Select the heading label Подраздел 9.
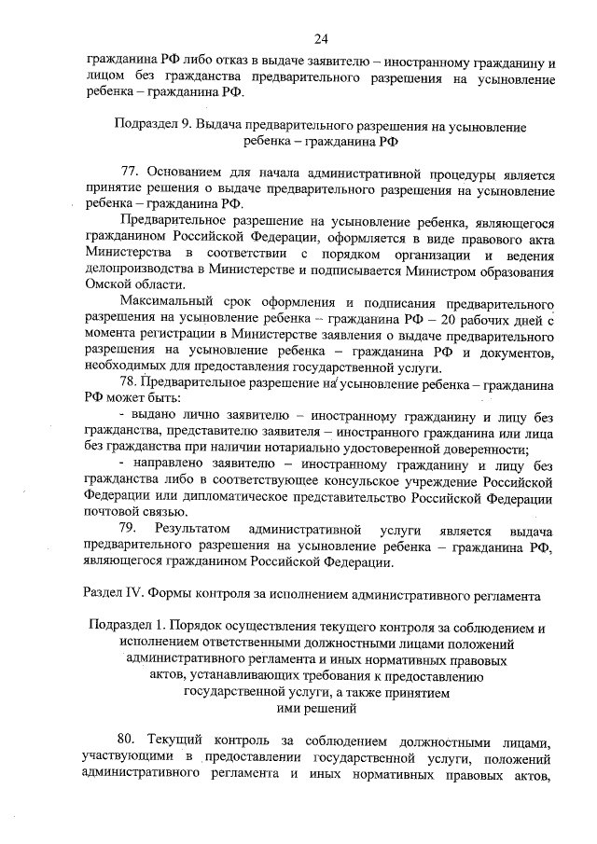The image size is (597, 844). [x=151, y=126]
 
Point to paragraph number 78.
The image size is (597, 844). [x=132, y=383]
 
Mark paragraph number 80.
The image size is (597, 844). [x=132, y=743]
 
